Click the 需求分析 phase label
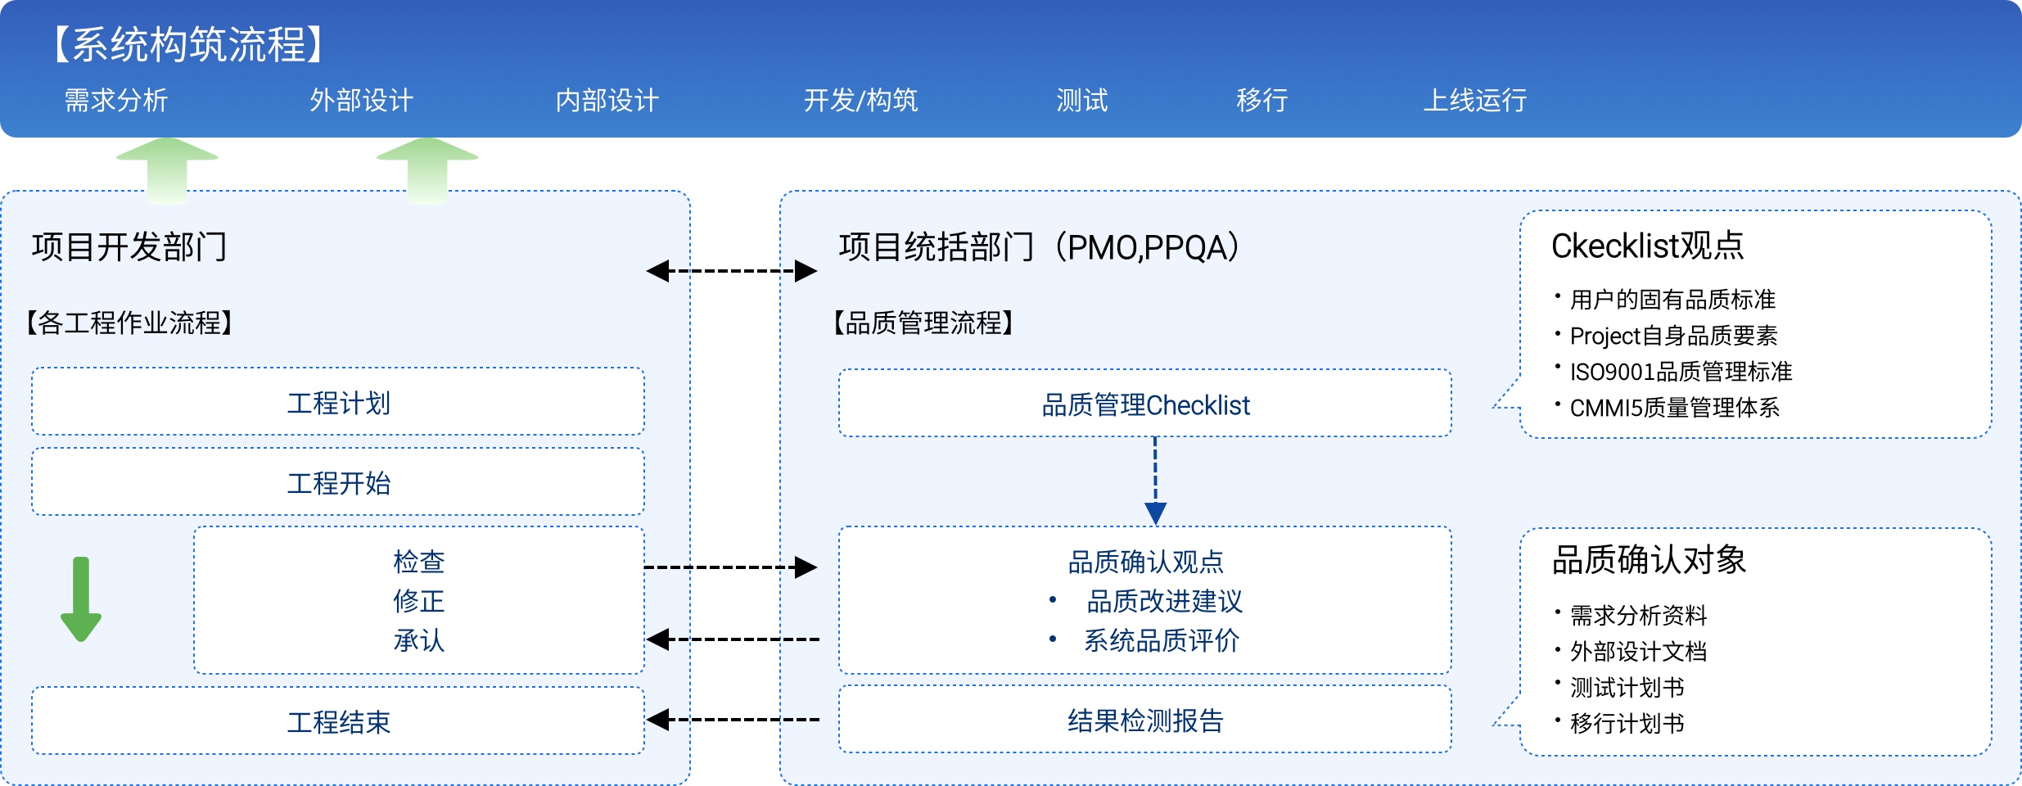116,101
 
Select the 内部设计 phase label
607,101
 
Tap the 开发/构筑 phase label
860,101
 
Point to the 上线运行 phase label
1474,101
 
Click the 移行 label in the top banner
1261,101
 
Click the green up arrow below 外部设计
427,169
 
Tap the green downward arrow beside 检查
81,599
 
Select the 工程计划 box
338,402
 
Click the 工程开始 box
338,482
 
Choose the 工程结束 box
338,721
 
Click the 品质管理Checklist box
1144,404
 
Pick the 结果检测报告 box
1144,720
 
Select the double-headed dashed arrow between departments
731,271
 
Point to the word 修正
418,601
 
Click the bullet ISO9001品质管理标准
1680,372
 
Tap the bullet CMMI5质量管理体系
1674,408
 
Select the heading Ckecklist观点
1647,246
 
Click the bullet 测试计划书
1627,688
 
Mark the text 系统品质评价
1161,640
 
